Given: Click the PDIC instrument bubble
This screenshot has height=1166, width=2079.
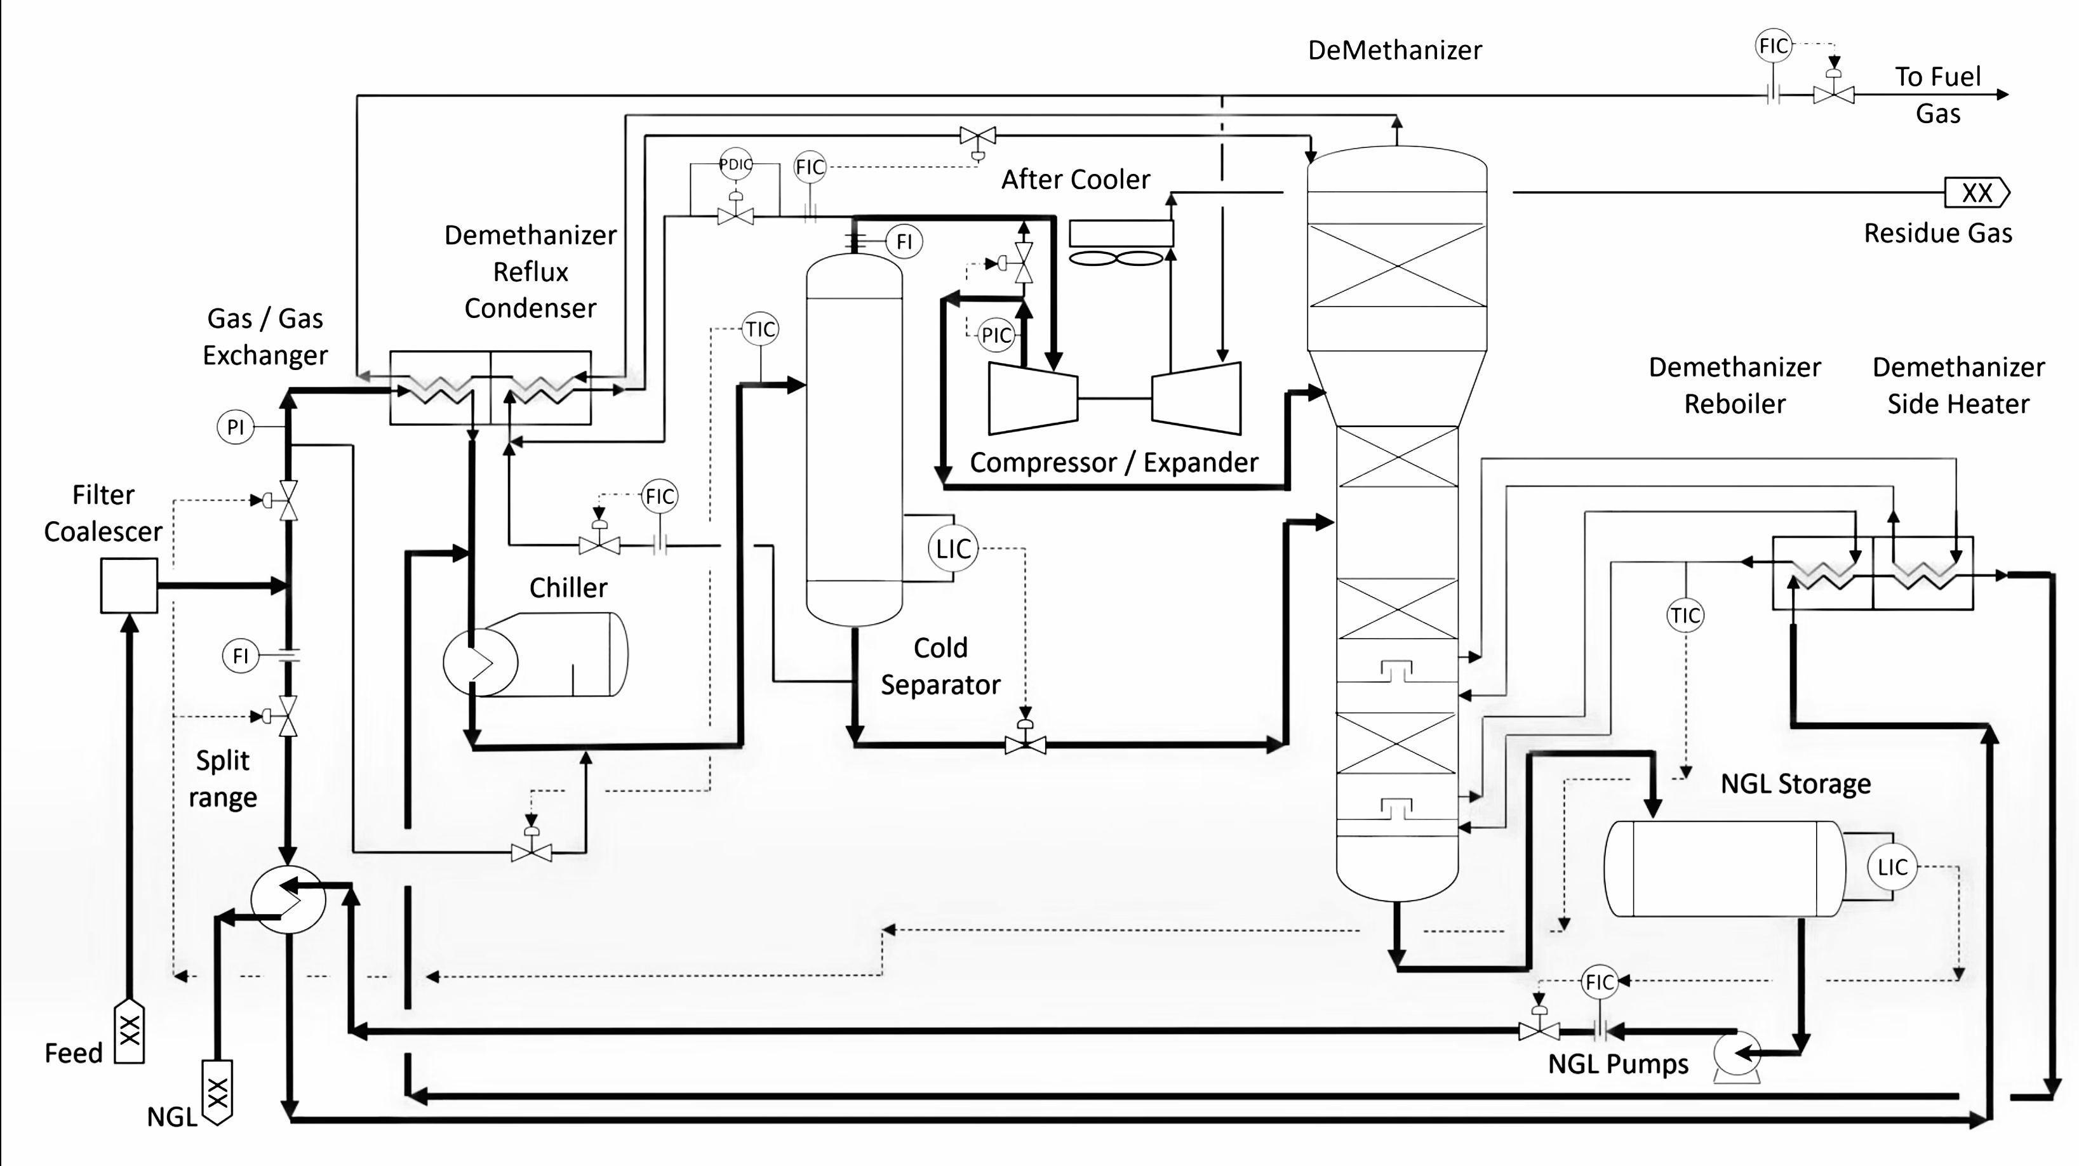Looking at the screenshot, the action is point(735,164).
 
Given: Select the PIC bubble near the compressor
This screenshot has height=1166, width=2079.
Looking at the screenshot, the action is point(996,335).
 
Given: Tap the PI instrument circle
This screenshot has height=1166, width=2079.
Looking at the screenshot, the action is point(236,427).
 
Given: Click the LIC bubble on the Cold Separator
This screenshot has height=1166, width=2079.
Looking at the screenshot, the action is point(953,548).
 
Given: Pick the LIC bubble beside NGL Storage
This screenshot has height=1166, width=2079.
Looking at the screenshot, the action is point(1892,868).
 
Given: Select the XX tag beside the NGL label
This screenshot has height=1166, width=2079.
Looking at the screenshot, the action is point(217,1092).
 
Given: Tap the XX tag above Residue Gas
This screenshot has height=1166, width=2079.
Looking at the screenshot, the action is point(1977,193).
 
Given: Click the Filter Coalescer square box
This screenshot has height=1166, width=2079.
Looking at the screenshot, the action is point(129,586).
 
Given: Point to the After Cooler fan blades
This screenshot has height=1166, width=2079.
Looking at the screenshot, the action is point(1116,258).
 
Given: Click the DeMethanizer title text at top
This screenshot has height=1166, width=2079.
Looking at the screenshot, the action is point(1394,51).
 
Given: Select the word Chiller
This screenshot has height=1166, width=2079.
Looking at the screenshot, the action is point(568,587).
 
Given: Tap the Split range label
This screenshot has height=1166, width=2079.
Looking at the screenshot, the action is point(223,779).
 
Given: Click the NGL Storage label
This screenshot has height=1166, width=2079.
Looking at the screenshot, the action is point(1796,783).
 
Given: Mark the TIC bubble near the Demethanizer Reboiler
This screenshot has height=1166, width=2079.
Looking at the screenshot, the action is point(1685,616).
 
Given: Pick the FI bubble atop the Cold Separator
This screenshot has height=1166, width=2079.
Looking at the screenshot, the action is point(904,241).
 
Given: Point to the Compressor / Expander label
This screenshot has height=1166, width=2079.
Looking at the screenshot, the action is point(1114,462).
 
